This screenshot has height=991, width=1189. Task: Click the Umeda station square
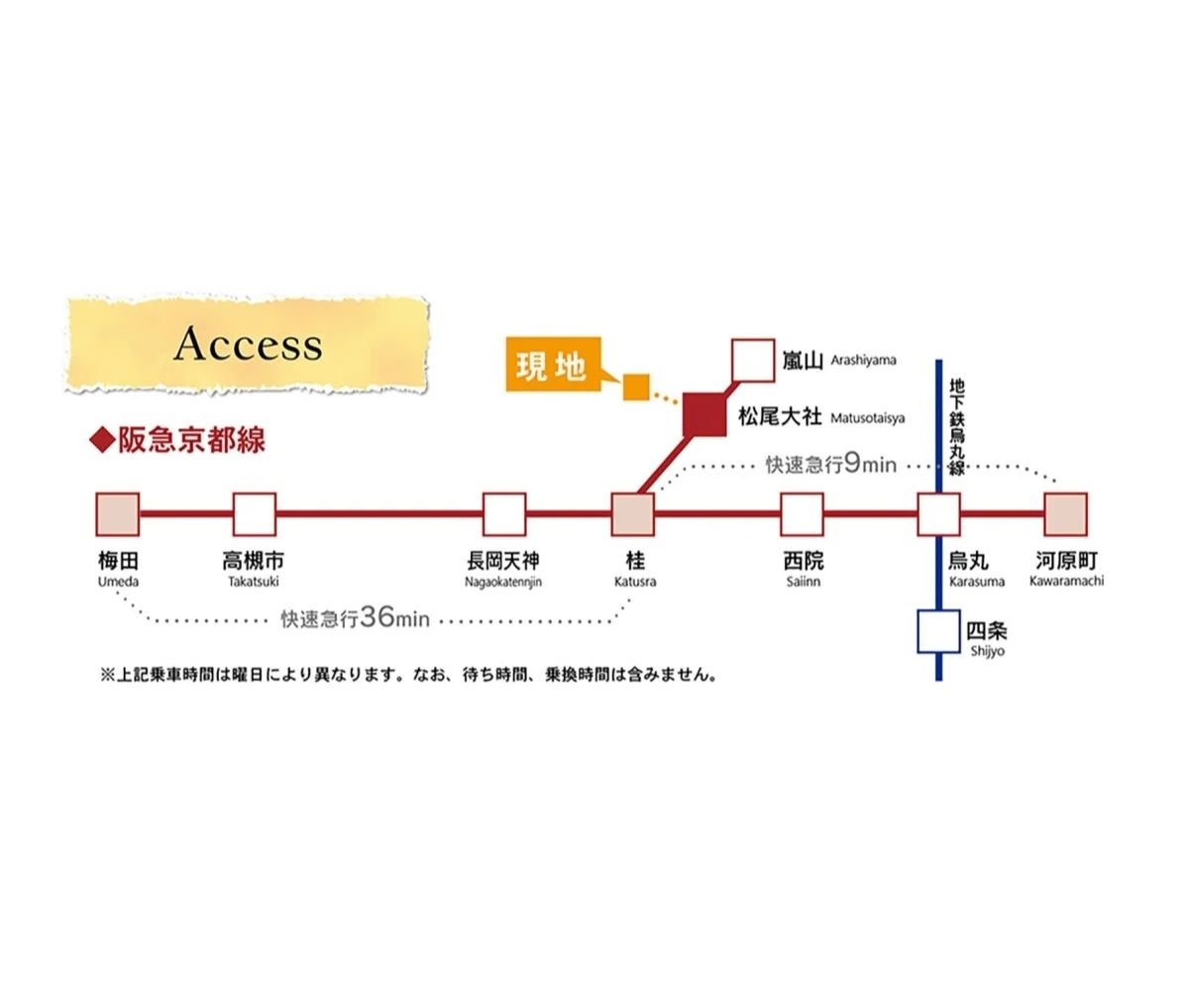(x=118, y=514)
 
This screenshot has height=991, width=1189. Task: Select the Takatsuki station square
(x=255, y=514)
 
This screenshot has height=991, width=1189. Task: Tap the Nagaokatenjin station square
(x=504, y=514)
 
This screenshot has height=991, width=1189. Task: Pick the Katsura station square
(x=633, y=514)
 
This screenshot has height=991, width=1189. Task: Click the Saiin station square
(x=802, y=514)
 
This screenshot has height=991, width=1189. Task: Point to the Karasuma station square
(x=938, y=514)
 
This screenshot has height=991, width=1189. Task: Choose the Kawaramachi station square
(x=1066, y=514)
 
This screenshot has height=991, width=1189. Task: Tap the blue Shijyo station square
(x=938, y=631)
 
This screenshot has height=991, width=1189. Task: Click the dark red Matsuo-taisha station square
(x=705, y=414)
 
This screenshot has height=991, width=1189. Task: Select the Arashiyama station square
(x=753, y=361)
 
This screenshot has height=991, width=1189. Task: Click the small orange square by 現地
(x=635, y=387)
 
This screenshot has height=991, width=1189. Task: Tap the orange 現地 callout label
(x=551, y=366)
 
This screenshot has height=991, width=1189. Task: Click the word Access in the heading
(x=248, y=345)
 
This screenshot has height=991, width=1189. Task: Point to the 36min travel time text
(x=356, y=618)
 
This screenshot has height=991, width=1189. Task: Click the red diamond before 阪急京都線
(x=102, y=441)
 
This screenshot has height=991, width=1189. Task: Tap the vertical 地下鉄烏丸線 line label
(x=956, y=426)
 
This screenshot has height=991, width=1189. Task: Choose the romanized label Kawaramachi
(x=1066, y=581)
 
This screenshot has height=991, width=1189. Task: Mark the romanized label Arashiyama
(x=863, y=360)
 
